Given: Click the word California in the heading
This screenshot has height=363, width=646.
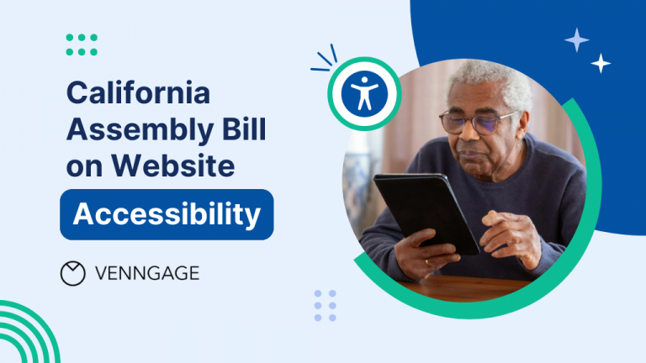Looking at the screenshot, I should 139,92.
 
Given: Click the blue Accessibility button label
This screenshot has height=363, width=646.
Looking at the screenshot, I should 167,215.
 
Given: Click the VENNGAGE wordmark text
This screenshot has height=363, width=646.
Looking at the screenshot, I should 147,273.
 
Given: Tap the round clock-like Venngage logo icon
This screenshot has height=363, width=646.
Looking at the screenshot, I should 73,273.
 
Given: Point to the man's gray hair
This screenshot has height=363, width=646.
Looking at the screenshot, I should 488,80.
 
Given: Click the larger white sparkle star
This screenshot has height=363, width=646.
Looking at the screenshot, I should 576,39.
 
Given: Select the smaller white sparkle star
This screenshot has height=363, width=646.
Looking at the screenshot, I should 601,63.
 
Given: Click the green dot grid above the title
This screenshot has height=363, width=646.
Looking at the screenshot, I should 82,45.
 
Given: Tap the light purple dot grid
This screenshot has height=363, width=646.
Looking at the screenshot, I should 325,305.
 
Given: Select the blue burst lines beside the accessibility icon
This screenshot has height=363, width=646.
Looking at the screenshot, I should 322,59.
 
